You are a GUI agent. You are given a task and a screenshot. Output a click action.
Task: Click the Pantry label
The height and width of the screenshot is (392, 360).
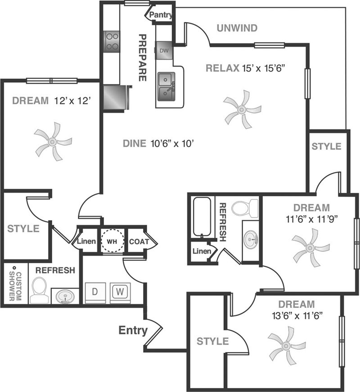point(161,15)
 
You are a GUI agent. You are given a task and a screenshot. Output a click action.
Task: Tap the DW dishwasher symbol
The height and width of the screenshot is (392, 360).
point(164,50)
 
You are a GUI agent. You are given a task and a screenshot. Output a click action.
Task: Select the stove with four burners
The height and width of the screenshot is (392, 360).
point(112,41)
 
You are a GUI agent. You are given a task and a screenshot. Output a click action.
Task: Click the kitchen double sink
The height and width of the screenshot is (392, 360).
point(166,87)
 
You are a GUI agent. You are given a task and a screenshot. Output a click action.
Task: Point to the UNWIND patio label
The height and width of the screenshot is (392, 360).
point(237,28)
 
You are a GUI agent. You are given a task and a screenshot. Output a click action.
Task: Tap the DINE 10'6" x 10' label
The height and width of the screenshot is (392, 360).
point(158,144)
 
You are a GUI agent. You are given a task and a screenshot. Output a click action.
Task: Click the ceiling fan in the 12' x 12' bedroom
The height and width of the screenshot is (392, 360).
point(53,141)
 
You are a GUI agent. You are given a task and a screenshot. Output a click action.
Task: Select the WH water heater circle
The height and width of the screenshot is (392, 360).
point(112,241)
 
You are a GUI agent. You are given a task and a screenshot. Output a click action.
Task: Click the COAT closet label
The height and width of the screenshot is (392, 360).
point(139,242)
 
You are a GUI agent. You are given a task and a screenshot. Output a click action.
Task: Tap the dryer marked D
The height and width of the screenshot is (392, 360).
point(95,293)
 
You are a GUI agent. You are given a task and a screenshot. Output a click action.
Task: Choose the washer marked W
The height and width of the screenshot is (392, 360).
point(120,293)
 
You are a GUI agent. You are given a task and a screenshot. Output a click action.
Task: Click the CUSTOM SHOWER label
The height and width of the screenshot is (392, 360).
point(15,283)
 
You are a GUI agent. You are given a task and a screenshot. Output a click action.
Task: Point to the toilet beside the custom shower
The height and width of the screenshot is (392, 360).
point(39,290)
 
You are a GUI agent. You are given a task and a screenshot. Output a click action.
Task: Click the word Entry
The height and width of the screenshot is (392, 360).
point(133,330)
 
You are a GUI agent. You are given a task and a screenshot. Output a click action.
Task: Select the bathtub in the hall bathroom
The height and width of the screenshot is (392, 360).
point(202,217)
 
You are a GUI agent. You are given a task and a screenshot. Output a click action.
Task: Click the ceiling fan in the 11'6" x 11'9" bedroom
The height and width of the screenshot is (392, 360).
point(310,248)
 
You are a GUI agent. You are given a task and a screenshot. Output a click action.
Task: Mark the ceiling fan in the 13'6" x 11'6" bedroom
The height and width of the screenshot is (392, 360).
point(286,346)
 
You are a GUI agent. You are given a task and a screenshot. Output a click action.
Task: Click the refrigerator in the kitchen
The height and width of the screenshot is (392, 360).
point(116,98)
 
